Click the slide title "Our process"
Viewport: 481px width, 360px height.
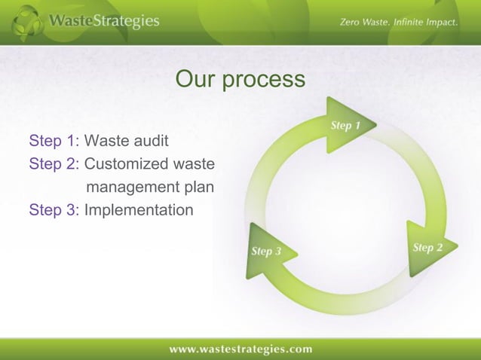tap(240, 79)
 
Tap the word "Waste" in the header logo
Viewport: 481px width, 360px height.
tap(70, 22)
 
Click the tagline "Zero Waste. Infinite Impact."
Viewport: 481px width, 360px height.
tap(398, 23)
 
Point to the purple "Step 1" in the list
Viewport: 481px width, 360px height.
tap(52, 141)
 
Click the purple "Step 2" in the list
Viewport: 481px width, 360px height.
tap(52, 163)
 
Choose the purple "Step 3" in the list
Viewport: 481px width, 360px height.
tap(52, 209)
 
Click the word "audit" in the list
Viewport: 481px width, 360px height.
tap(151, 141)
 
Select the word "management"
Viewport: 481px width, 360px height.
tap(133, 186)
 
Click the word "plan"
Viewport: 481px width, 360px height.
tap(198, 187)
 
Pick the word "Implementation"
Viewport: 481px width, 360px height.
tap(138, 209)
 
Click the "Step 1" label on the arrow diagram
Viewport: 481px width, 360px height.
tap(345, 126)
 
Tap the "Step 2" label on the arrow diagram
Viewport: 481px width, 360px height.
tap(427, 248)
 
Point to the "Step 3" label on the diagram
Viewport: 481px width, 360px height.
tap(265, 251)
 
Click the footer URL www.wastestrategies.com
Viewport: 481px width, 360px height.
tap(240, 349)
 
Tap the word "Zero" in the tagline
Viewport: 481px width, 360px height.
tap(350, 23)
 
